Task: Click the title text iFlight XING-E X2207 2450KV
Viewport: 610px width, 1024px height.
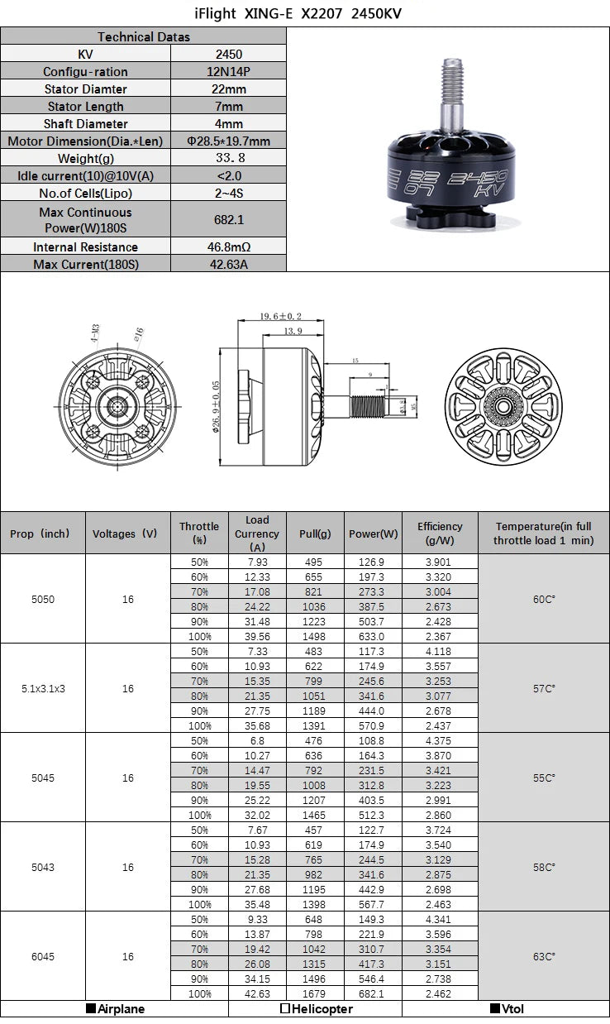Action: pyautogui.click(x=305, y=14)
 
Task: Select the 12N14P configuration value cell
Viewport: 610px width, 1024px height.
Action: pyautogui.click(x=228, y=71)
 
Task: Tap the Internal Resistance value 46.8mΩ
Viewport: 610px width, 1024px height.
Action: pyautogui.click(x=228, y=246)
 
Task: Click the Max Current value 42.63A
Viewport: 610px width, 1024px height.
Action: pyautogui.click(x=228, y=264)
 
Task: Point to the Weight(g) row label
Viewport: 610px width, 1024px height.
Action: pyautogui.click(x=86, y=158)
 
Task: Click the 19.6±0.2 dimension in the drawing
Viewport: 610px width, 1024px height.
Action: pyautogui.click(x=280, y=316)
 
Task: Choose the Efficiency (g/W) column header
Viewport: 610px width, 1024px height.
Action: pyautogui.click(x=440, y=533)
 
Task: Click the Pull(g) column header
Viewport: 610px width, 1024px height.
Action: pyautogui.click(x=314, y=534)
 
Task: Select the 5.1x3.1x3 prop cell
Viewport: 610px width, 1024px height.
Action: pyautogui.click(x=43, y=687)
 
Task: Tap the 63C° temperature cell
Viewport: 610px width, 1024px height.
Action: pyautogui.click(x=543, y=956)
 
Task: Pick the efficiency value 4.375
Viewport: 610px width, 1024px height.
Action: pyautogui.click(x=440, y=740)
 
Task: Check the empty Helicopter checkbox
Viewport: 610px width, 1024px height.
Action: pyautogui.click(x=285, y=1009)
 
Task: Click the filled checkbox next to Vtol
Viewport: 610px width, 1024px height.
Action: pyautogui.click(x=495, y=1009)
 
